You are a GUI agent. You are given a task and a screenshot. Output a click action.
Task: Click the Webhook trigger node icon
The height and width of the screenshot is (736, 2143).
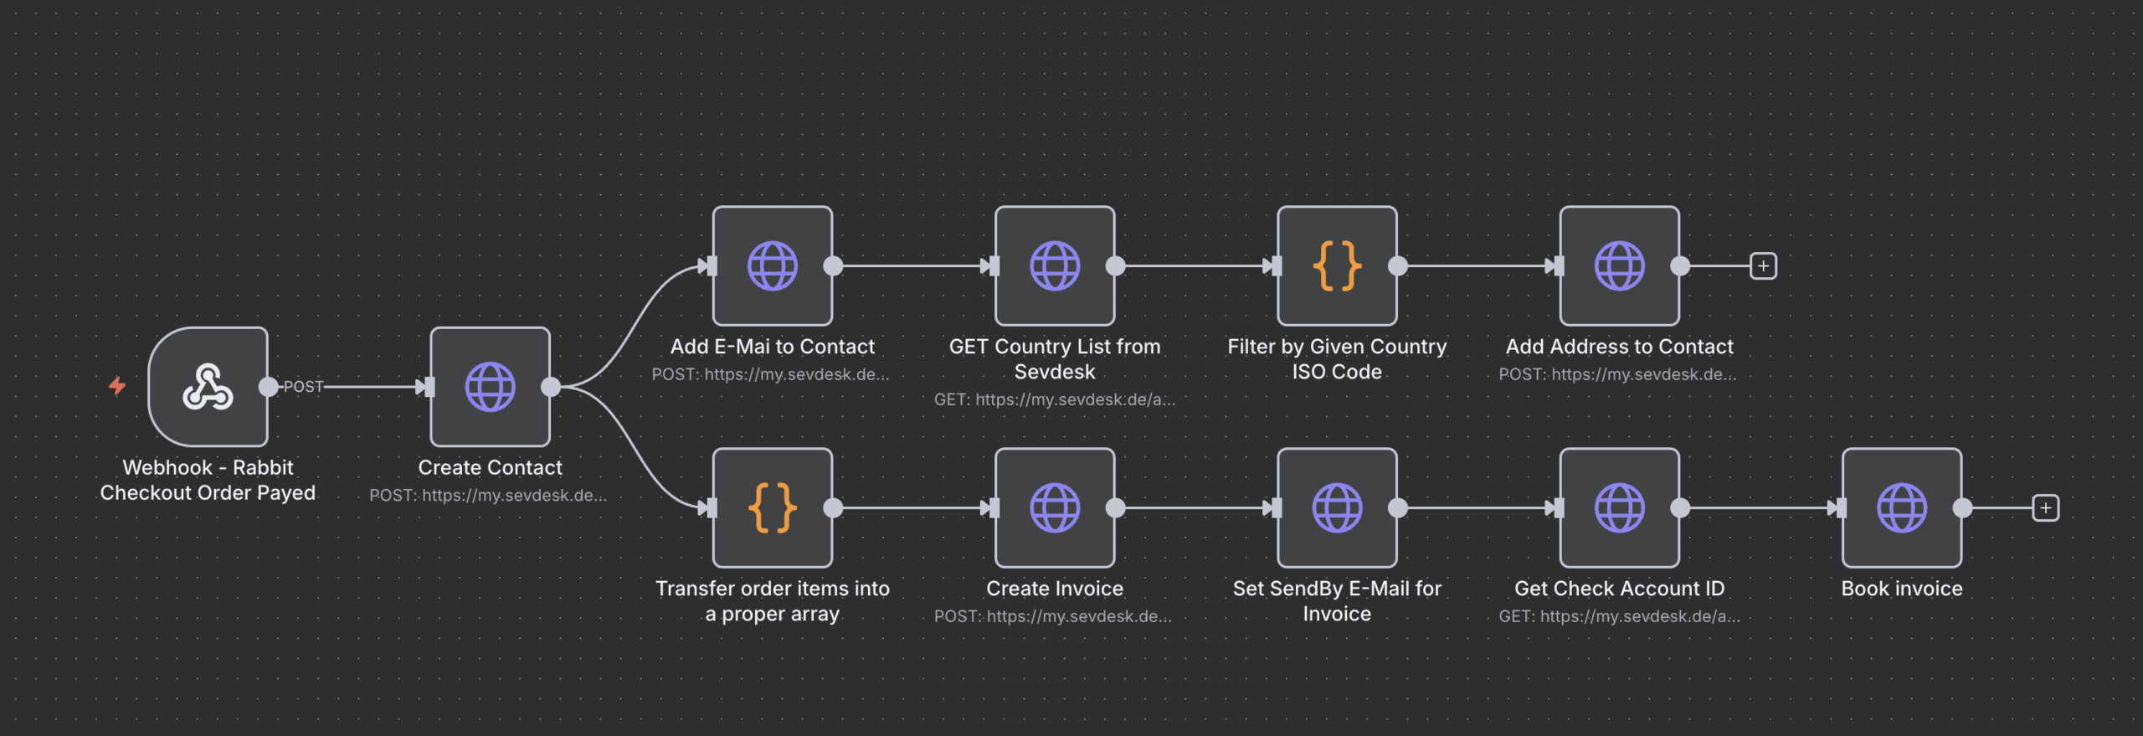click(x=208, y=387)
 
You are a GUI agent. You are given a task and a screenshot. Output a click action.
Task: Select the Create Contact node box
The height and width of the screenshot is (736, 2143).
click(x=490, y=387)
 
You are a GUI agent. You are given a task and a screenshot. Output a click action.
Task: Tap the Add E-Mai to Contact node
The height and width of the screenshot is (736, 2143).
click(x=772, y=266)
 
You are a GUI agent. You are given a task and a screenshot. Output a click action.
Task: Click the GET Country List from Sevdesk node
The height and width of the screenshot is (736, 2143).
click(x=1054, y=266)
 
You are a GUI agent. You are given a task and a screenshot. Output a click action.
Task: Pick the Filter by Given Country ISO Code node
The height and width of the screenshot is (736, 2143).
click(x=1336, y=266)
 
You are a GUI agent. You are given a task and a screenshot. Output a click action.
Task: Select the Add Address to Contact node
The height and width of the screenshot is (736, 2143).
click(x=1619, y=266)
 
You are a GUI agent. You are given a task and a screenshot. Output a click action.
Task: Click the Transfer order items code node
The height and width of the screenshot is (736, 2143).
click(x=772, y=507)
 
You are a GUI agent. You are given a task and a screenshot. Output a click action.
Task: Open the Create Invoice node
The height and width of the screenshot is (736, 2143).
click(x=1054, y=507)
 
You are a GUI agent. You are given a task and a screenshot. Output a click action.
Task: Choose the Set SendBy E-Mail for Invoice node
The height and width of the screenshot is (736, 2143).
click(x=1336, y=507)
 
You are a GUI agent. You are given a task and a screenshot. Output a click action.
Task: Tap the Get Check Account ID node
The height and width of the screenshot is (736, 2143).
click(x=1619, y=507)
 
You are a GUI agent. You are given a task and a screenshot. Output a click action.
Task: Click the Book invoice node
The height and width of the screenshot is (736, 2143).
click(x=1901, y=507)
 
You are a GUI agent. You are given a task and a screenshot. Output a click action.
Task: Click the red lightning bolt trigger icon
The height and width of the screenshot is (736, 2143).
click(x=117, y=385)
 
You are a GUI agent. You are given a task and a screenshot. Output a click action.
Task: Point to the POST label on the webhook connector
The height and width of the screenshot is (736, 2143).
click(x=303, y=387)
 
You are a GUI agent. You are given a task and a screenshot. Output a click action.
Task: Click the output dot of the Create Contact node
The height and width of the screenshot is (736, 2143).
click(x=551, y=387)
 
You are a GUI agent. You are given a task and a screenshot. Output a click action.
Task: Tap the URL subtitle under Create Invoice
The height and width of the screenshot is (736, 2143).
click(x=1052, y=616)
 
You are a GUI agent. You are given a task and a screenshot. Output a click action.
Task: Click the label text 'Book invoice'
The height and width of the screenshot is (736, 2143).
click(x=1901, y=589)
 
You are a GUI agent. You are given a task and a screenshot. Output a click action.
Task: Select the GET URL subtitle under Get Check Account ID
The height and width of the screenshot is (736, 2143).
click(x=1618, y=616)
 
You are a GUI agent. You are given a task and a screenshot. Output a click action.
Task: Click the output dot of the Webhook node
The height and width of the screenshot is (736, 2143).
click(x=268, y=387)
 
